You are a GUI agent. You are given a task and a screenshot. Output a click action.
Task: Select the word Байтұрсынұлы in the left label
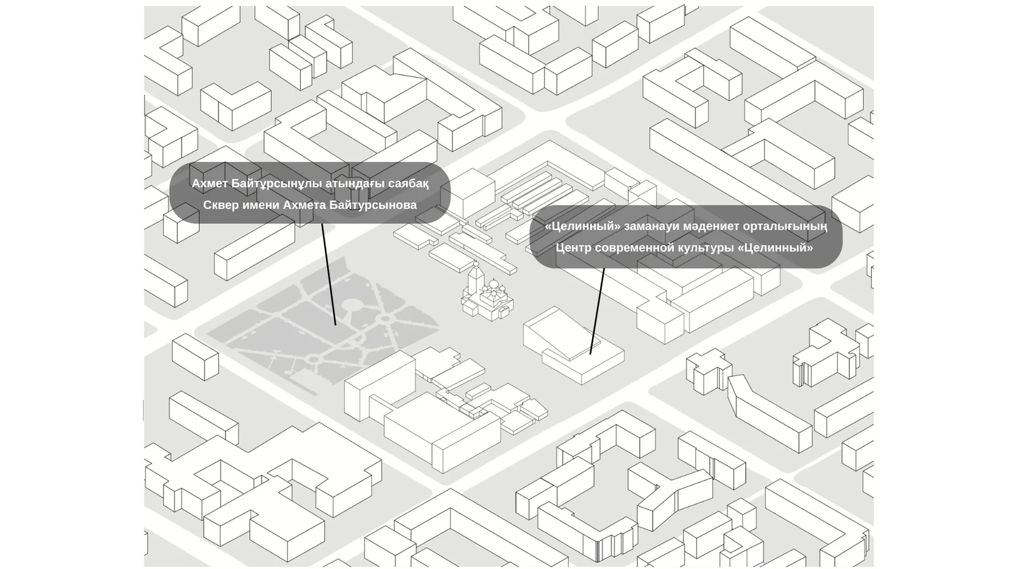click(275, 184)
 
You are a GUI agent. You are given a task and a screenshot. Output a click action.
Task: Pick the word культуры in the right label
click(707, 248)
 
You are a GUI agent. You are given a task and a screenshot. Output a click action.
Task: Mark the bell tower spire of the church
click(476, 265)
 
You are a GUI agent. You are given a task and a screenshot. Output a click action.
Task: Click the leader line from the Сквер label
click(329, 274)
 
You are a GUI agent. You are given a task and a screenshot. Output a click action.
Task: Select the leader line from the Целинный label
click(597, 311)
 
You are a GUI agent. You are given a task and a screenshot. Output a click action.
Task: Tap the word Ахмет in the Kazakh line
click(210, 184)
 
